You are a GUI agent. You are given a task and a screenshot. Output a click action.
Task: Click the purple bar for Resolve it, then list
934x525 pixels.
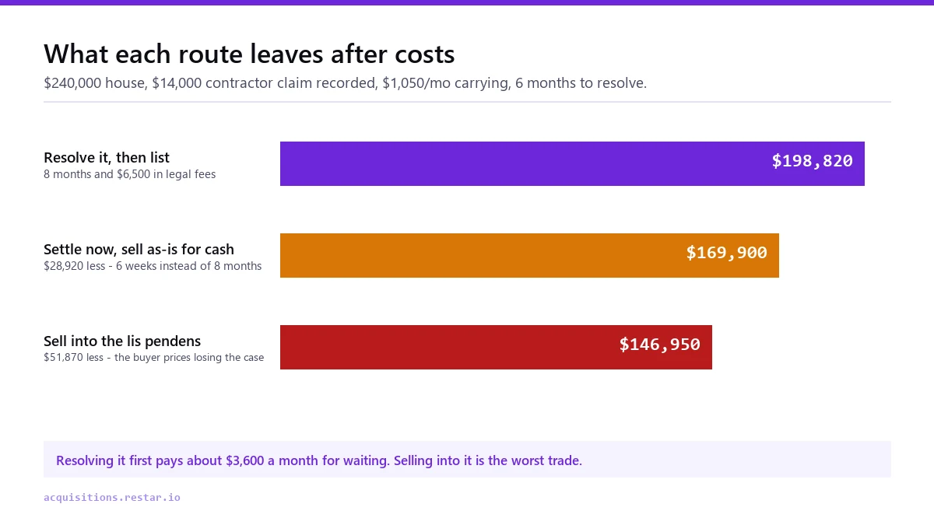[x=572, y=164]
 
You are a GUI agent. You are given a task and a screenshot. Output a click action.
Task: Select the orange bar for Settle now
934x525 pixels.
[x=529, y=255]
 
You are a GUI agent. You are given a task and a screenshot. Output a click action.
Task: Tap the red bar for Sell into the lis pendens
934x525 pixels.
[x=497, y=347]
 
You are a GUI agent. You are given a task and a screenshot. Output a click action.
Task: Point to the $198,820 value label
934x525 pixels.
[x=812, y=161]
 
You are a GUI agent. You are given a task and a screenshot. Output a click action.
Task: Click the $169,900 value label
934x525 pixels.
[x=726, y=253]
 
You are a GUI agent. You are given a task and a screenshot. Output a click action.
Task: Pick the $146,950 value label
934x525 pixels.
[x=660, y=344]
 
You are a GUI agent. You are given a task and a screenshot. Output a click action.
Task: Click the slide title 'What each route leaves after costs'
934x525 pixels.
[x=249, y=54]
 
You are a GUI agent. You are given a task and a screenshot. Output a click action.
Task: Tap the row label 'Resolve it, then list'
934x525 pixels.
[x=107, y=157]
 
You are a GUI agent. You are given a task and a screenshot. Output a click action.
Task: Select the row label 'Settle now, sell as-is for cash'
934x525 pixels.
[x=139, y=249]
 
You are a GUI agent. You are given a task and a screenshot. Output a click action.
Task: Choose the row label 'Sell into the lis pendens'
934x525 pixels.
[x=122, y=341]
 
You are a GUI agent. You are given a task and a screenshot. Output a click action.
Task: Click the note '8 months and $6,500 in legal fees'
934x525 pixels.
[x=130, y=174]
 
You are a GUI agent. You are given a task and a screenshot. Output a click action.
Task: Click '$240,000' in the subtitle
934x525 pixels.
[x=72, y=83]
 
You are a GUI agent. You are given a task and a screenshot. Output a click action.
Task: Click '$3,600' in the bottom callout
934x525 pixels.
[x=244, y=460]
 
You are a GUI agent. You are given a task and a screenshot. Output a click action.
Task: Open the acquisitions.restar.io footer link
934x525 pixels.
[x=112, y=498]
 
